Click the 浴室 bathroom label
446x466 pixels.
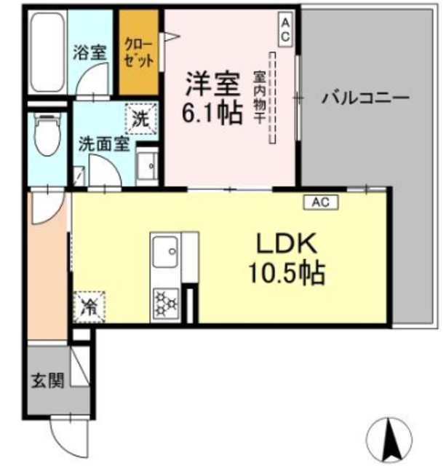89,52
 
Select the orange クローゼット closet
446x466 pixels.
139,52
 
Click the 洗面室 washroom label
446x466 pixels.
104,143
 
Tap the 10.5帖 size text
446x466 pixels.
284,274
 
